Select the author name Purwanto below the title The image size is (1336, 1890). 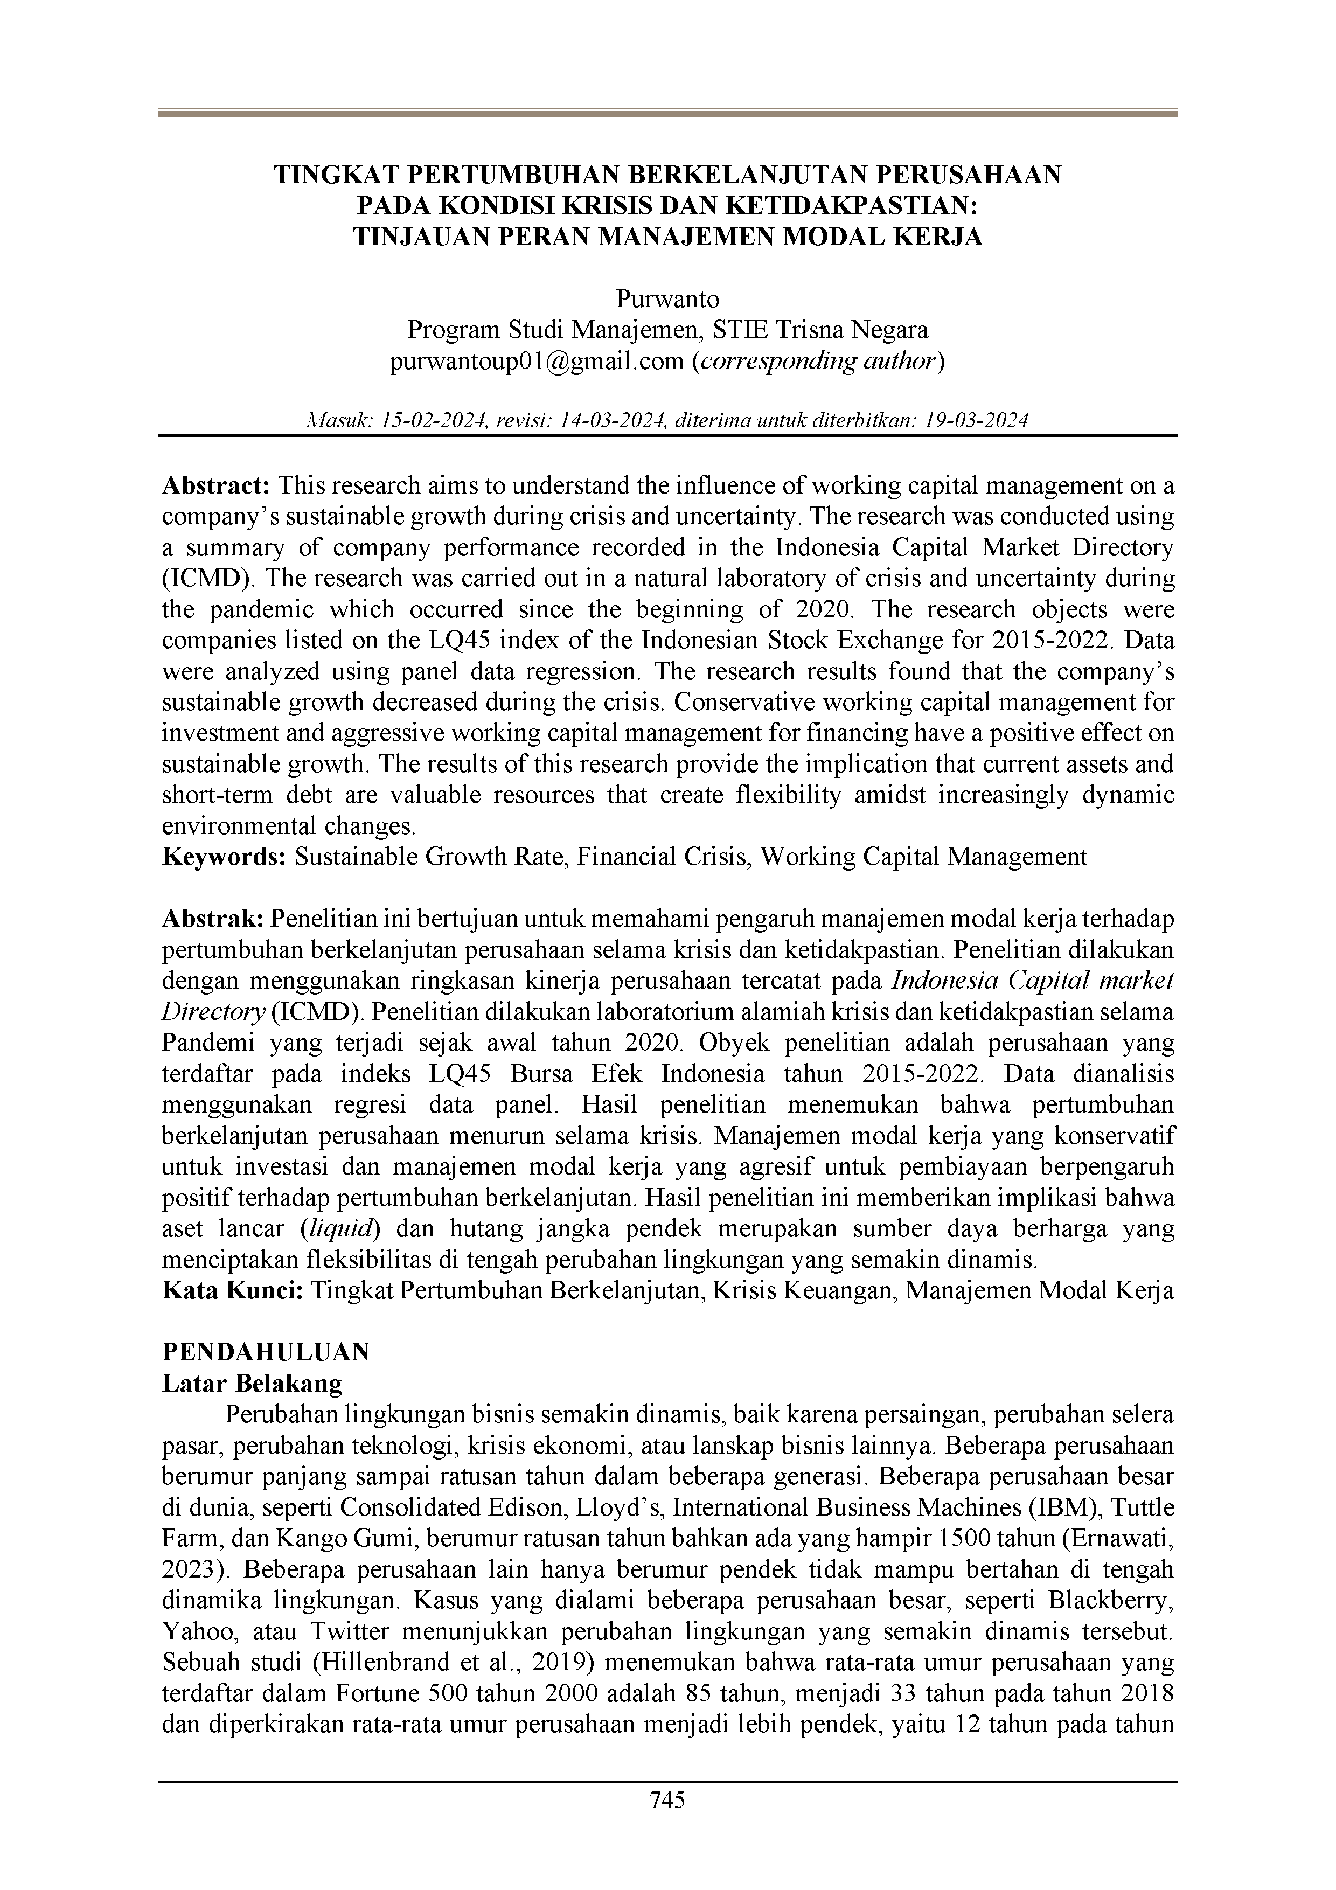pos(667,298)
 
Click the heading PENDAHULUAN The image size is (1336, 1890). pos(266,1352)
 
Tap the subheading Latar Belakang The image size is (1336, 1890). pos(252,1383)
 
